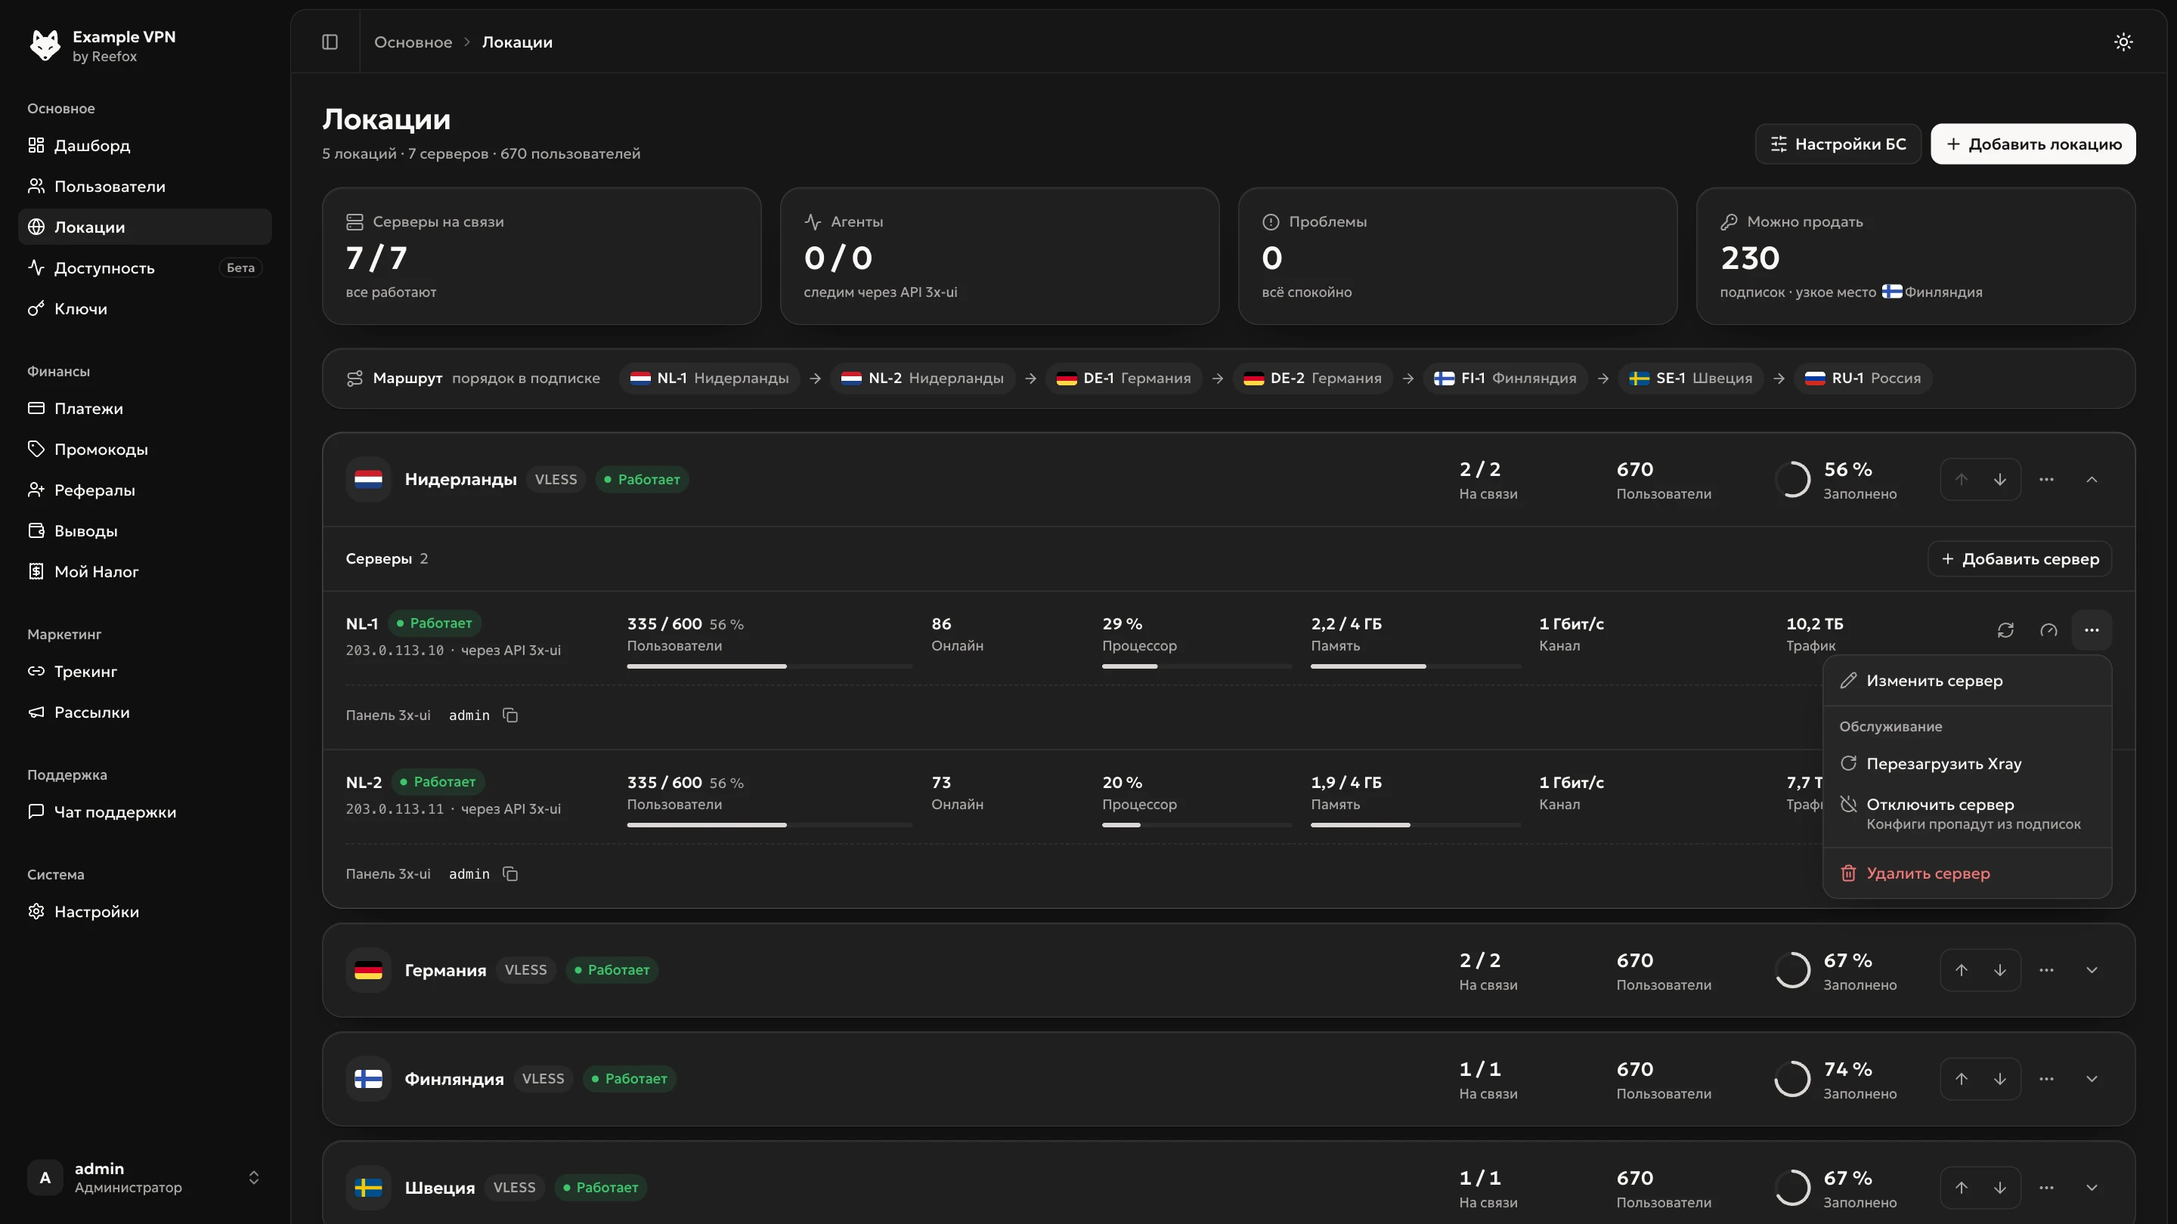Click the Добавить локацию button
[x=2033, y=144]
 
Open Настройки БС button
[x=1838, y=144]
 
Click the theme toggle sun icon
[x=2123, y=42]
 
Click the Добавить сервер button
[x=2020, y=558]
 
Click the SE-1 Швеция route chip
[x=1691, y=378]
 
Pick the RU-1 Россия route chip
[x=1863, y=378]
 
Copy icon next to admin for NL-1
[x=510, y=715]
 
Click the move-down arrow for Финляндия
[x=1999, y=1079]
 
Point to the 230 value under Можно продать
[x=1750, y=257]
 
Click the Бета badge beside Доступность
[x=241, y=267]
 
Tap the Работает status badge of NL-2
[x=438, y=781]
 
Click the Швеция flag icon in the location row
[x=368, y=1187]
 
